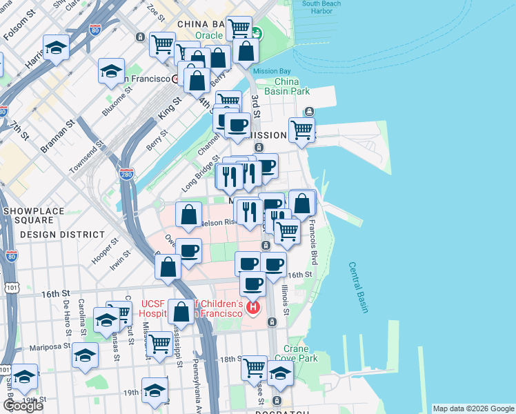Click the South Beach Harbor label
(x=321, y=7)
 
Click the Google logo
(x=23, y=405)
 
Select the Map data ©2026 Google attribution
(x=473, y=408)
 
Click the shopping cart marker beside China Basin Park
(x=301, y=128)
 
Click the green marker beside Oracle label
(x=257, y=32)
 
